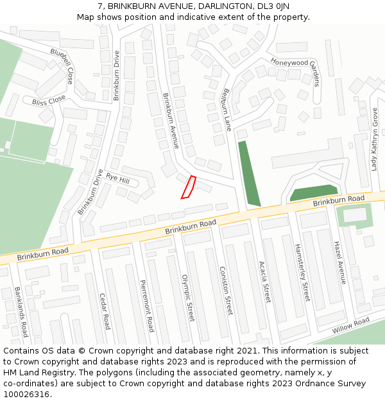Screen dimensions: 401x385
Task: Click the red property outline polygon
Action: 189,187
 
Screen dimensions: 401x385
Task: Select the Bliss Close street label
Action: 49,101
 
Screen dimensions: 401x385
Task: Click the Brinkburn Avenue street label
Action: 170,121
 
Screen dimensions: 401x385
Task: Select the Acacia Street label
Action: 264,282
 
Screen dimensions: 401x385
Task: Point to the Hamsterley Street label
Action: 302,273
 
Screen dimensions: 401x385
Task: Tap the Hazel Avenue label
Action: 339,263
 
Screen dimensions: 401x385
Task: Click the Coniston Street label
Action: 225,291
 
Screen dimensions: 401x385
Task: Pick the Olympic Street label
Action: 187,298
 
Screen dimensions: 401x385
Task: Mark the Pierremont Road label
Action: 147,307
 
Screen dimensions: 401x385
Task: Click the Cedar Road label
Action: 105,311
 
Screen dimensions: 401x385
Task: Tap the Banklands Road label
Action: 21,312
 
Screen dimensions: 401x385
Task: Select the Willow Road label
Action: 351,325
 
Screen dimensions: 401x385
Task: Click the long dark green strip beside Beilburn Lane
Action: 248,174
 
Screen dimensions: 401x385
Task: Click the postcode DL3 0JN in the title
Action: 269,6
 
